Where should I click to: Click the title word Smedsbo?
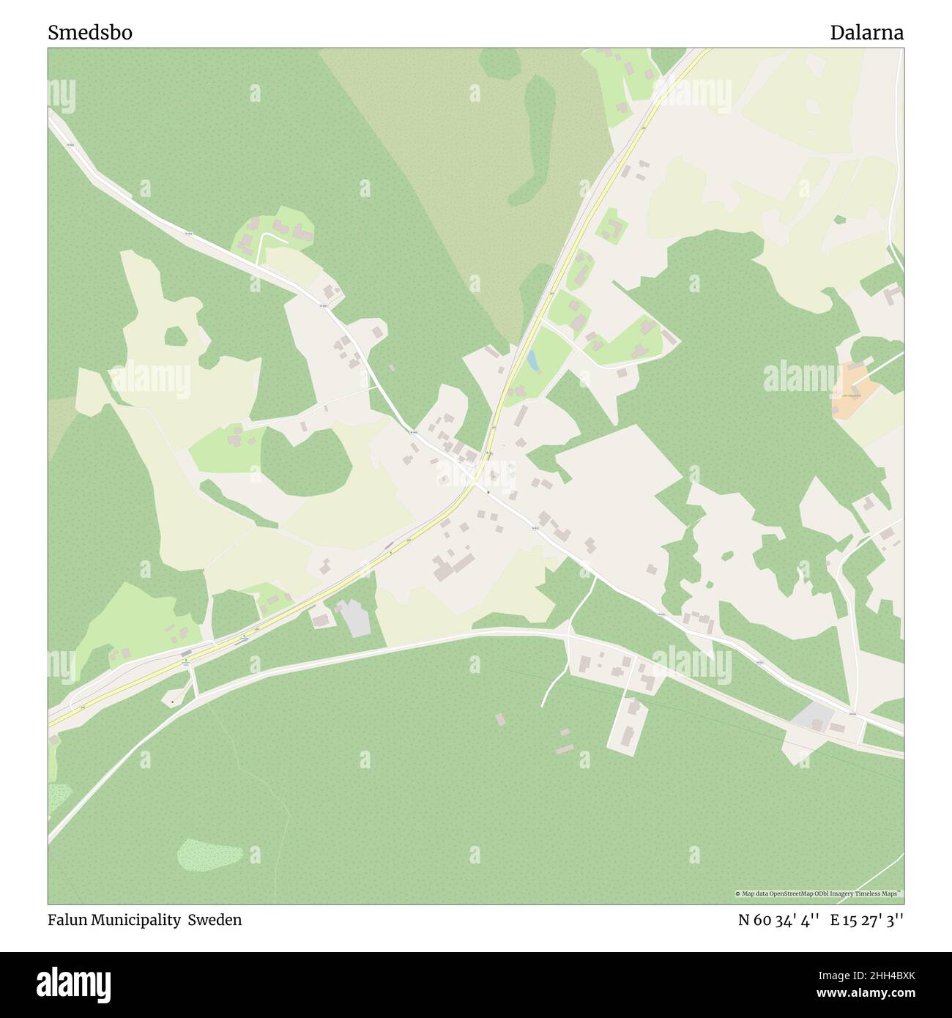(90, 33)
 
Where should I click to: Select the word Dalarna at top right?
(866, 33)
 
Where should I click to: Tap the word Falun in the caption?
(67, 920)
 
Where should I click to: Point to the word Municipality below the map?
(136, 920)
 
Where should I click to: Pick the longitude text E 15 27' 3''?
(866, 920)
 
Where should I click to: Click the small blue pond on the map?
(532, 360)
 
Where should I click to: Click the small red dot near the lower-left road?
(172, 702)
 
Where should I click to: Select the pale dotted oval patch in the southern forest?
(209, 855)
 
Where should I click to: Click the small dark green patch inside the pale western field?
(176, 336)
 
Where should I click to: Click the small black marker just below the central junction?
(487, 491)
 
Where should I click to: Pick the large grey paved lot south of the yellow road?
(354, 618)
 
